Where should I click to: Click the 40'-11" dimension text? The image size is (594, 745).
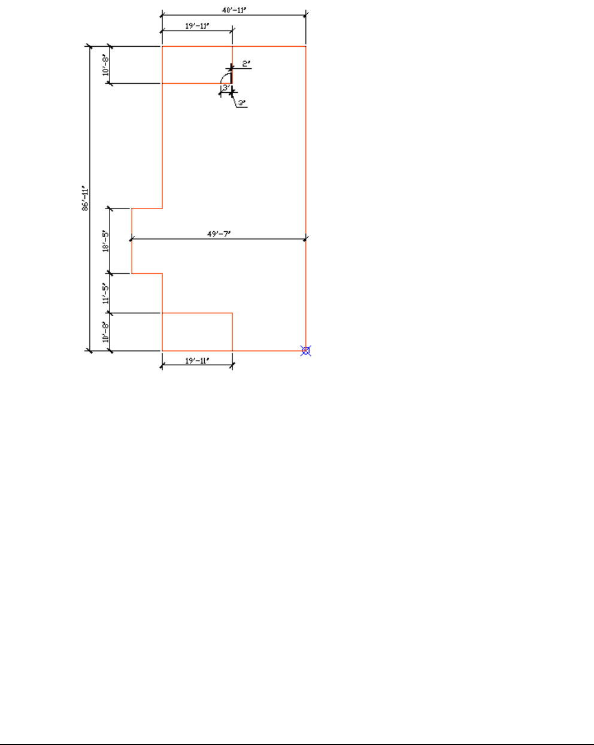(x=234, y=10)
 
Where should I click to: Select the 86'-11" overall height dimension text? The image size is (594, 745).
(x=85, y=199)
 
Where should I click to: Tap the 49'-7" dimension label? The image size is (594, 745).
(x=219, y=234)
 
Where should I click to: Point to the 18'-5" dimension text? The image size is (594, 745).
(x=105, y=241)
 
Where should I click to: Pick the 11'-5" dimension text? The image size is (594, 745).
(x=105, y=293)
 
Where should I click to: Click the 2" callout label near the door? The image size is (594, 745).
(x=246, y=63)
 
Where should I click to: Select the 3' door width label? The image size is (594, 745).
(x=226, y=87)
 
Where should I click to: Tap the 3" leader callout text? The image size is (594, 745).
(x=241, y=103)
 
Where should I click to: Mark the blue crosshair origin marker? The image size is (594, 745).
(x=306, y=351)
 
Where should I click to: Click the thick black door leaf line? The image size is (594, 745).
(x=232, y=74)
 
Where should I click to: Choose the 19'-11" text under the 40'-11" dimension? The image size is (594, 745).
(x=197, y=26)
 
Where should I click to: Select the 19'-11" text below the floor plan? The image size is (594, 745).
(x=197, y=361)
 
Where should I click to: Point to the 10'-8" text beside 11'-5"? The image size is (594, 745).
(x=105, y=332)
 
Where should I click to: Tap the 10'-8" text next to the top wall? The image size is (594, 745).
(x=105, y=65)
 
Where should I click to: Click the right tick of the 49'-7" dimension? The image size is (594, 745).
(x=306, y=239)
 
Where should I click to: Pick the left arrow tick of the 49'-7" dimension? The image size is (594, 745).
(x=132, y=239)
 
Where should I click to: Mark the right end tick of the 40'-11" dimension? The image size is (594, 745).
(x=306, y=15)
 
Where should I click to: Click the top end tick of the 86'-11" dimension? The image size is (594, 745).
(x=90, y=46)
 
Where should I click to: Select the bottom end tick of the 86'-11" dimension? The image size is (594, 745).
(x=90, y=351)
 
